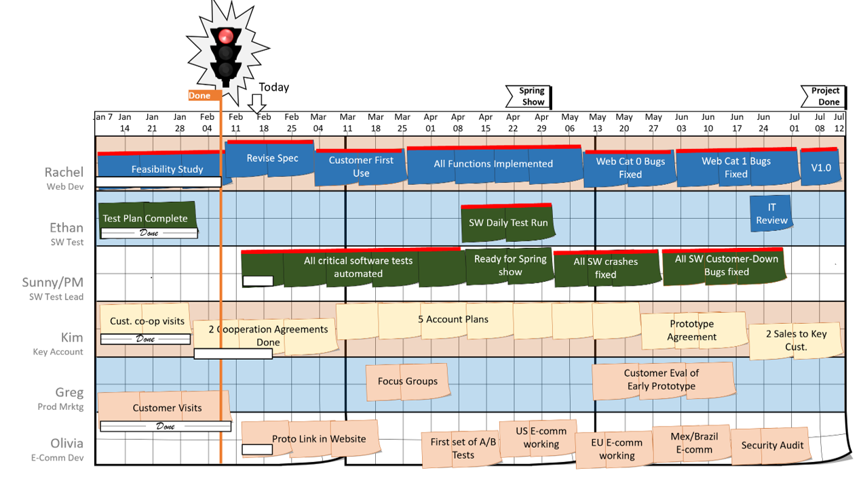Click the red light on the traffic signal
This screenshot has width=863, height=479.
[225, 35]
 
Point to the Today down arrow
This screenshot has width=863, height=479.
[256, 104]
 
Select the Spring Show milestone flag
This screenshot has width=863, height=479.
[529, 96]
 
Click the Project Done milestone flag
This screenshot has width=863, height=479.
[824, 96]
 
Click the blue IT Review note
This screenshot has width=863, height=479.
[771, 213]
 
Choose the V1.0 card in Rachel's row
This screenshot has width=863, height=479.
[821, 167]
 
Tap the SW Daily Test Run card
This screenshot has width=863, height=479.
[507, 223]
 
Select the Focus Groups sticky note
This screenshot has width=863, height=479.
[407, 381]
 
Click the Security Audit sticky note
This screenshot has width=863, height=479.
[771, 445]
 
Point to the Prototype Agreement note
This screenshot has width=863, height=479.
[692, 330]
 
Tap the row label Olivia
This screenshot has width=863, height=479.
[66, 443]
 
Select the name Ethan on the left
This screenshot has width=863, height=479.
[66, 228]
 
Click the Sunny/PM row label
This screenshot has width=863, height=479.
[52, 283]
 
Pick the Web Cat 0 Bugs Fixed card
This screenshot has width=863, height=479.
[630, 167]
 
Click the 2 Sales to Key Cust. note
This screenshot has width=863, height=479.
[796, 340]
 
